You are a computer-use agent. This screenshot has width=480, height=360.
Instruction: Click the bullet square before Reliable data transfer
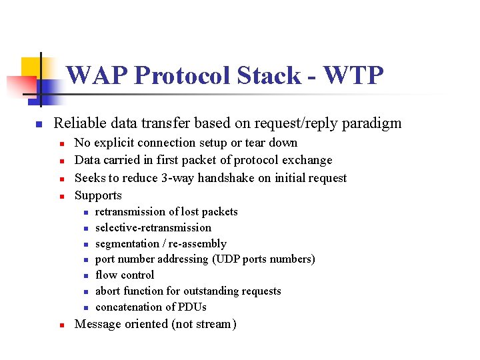tap(39, 125)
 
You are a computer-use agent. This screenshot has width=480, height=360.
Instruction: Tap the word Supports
tap(98, 196)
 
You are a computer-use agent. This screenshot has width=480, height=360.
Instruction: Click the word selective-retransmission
tap(153, 227)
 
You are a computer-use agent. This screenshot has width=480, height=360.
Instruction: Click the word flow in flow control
tap(106, 275)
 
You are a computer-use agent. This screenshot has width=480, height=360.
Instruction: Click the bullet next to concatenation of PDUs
tap(85, 307)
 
